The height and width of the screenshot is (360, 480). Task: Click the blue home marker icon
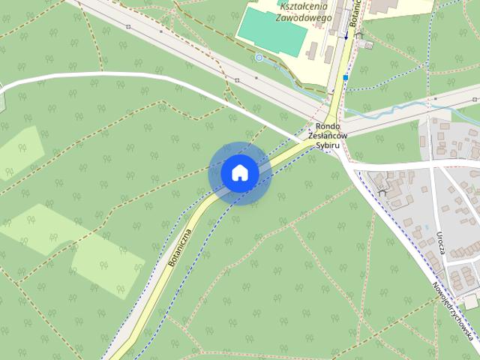(239, 173)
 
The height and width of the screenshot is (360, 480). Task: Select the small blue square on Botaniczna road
(345, 76)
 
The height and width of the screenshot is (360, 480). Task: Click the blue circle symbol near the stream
(259, 57)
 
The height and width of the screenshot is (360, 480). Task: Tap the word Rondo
(328, 126)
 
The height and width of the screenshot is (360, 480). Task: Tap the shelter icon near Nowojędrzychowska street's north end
(384, 192)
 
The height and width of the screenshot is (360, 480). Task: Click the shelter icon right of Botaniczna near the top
(359, 34)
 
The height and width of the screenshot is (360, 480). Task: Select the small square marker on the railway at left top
(129, 27)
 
